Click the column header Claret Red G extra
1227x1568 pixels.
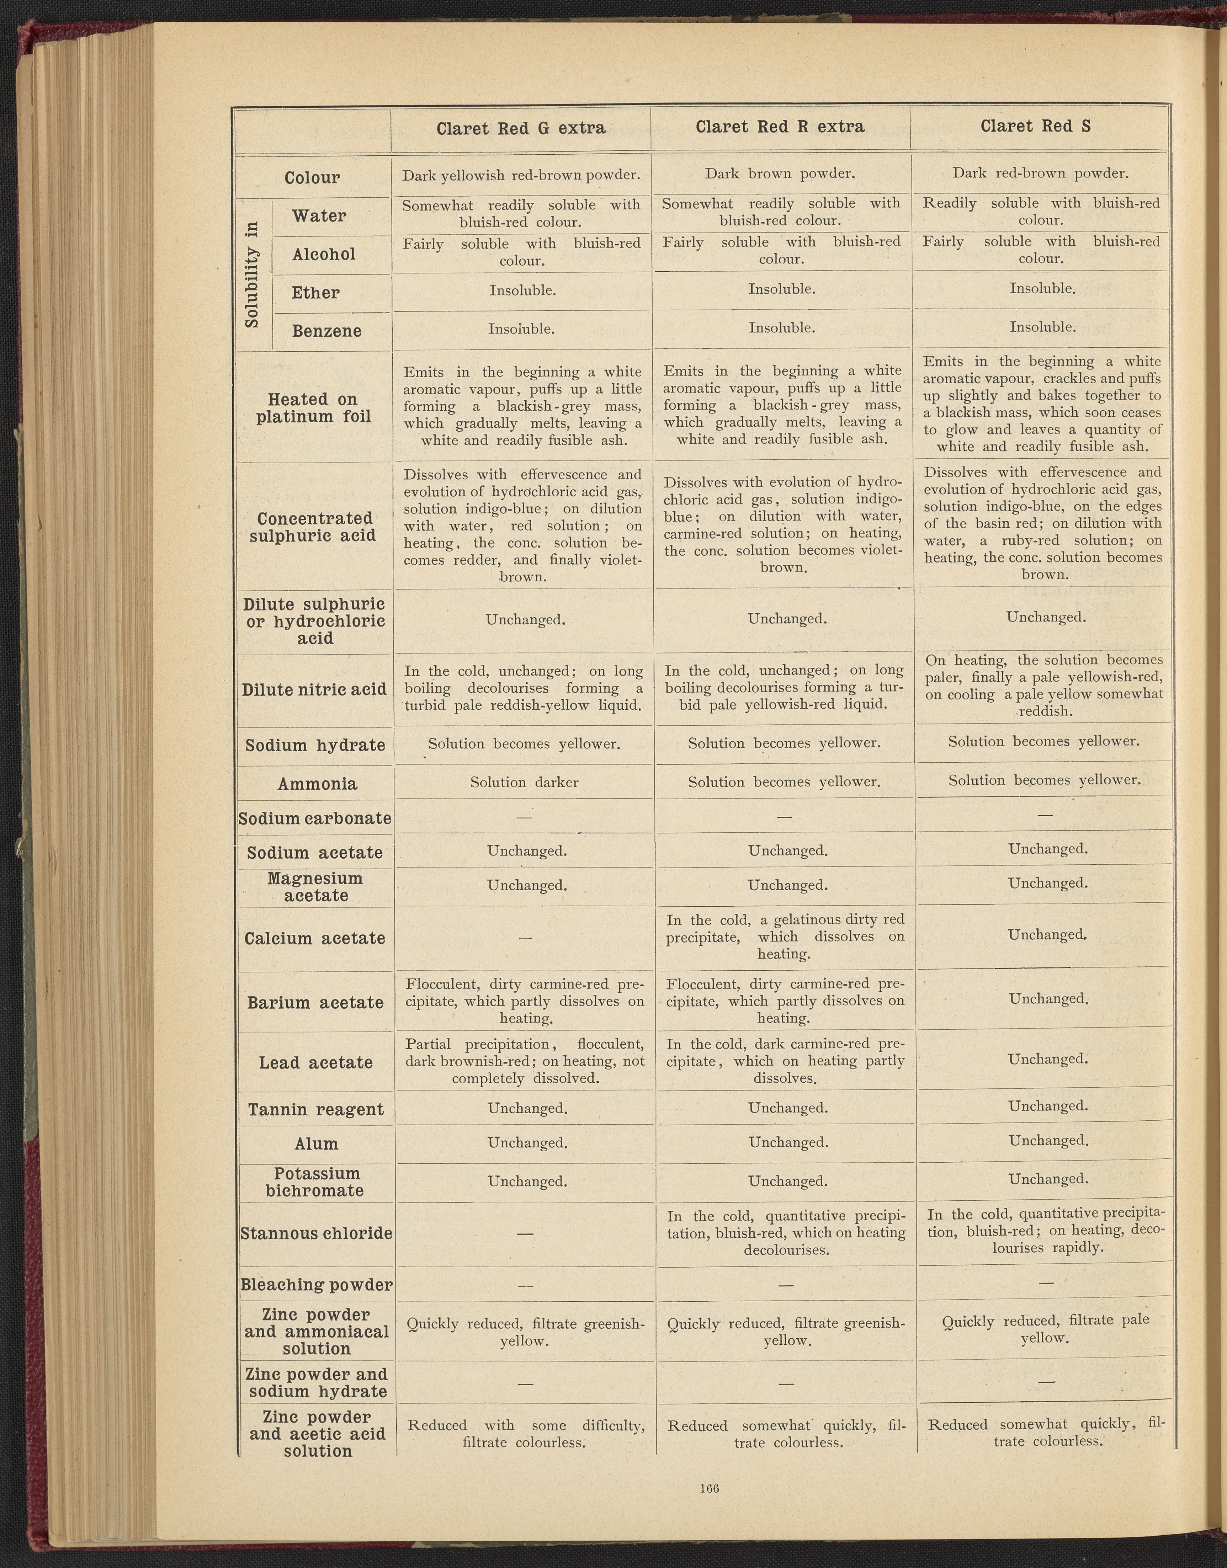(521, 129)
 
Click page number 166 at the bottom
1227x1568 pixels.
(709, 1488)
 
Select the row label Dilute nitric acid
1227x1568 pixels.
(314, 689)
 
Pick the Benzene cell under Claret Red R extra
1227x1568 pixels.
(782, 328)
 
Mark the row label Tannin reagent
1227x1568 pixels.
(316, 1110)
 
